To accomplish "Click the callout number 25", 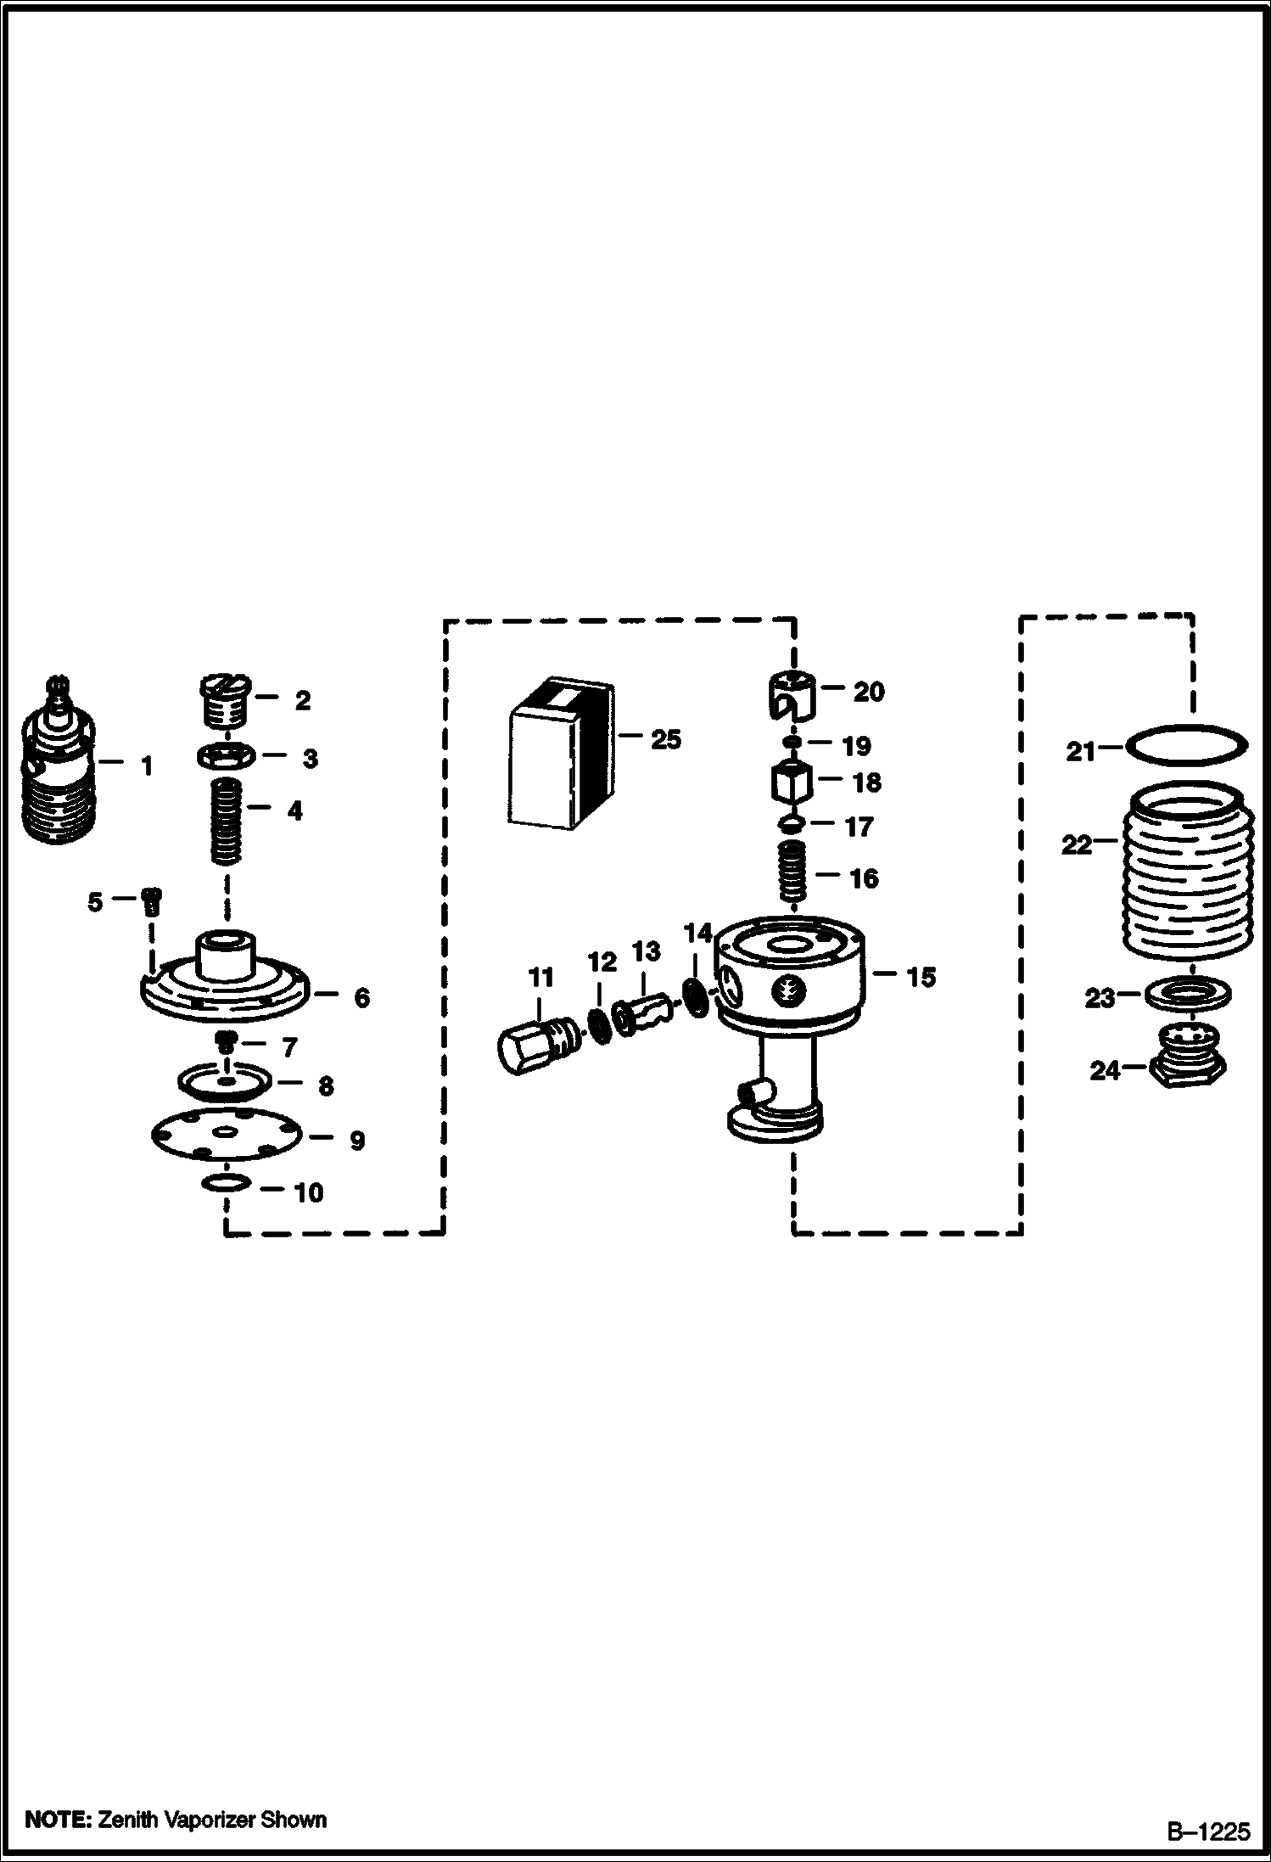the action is [666, 739].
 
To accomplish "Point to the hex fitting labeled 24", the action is [1186, 1059].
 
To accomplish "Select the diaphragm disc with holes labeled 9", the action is [227, 1134].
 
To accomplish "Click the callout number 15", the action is [921, 977].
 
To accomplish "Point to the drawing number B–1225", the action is [1207, 1831].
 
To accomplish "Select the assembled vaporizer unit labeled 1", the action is [58, 758].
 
